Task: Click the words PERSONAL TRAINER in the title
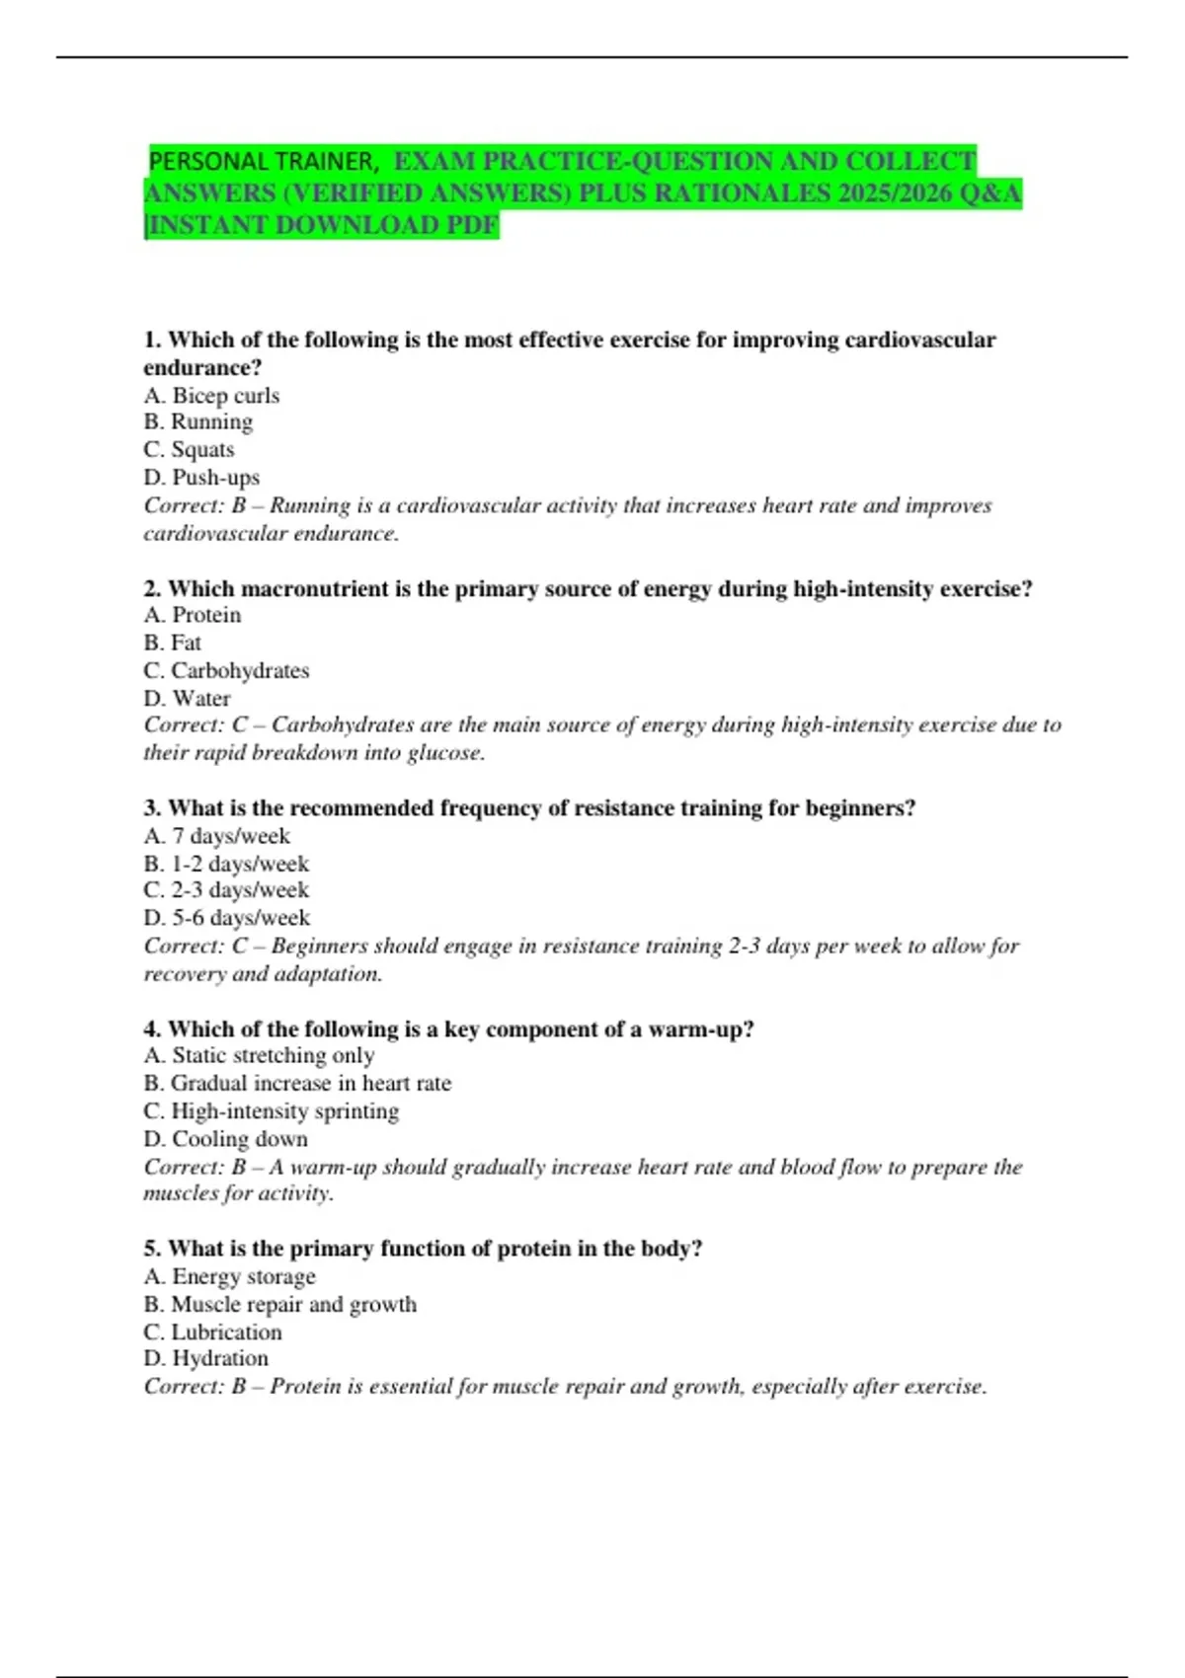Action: click(x=263, y=161)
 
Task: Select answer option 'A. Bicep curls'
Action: click(x=211, y=395)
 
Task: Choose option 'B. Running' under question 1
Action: click(x=197, y=421)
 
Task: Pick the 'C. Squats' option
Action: click(x=189, y=449)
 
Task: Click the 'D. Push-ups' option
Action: click(x=201, y=477)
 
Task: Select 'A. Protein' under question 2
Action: click(x=192, y=615)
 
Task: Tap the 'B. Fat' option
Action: click(x=172, y=643)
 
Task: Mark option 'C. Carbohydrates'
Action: click(x=226, y=670)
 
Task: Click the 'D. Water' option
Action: click(x=187, y=698)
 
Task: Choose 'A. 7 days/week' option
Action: click(x=216, y=836)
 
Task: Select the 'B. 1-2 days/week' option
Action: click(x=226, y=864)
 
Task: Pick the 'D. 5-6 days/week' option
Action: click(x=226, y=918)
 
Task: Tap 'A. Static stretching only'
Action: click(x=259, y=1055)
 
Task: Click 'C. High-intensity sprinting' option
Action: click(x=271, y=1110)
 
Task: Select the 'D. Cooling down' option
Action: click(x=225, y=1138)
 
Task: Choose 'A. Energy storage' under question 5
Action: click(x=229, y=1276)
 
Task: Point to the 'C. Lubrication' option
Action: click(x=212, y=1332)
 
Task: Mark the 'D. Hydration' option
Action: click(x=205, y=1358)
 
